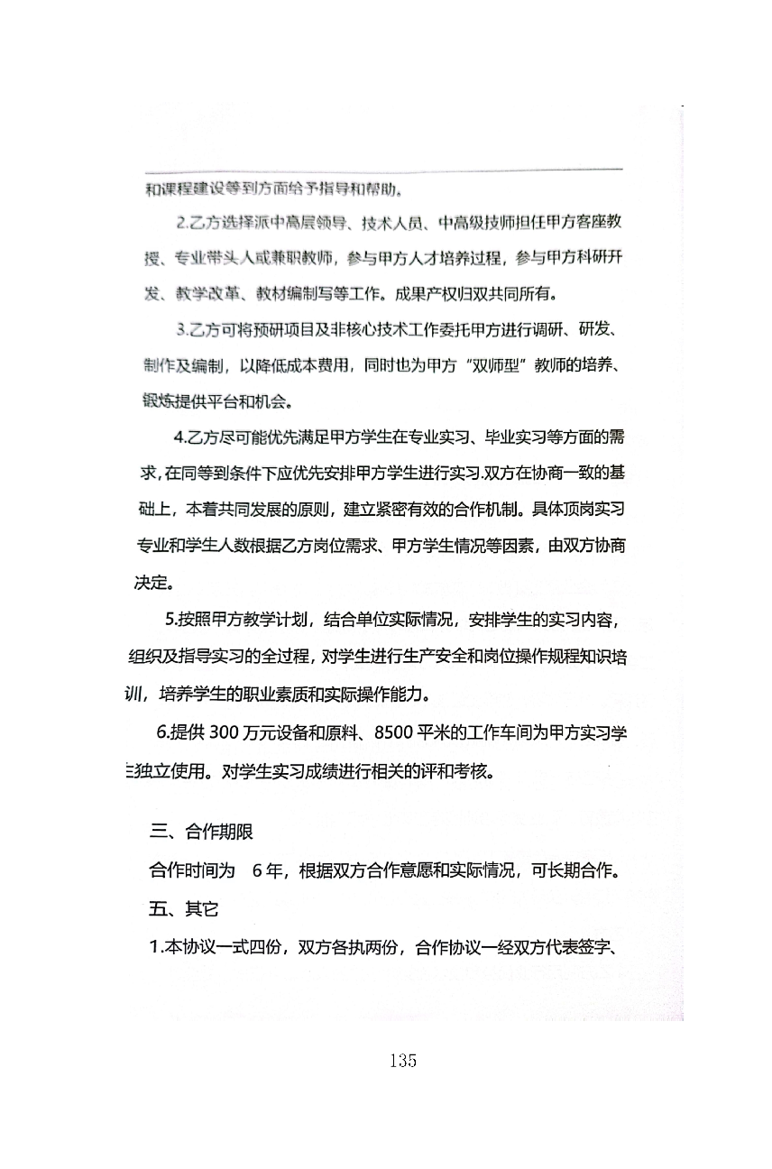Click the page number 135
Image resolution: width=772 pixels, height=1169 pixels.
point(403,1061)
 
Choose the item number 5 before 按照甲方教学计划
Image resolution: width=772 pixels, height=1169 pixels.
point(170,620)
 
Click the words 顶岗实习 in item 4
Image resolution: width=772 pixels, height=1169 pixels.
point(593,510)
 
